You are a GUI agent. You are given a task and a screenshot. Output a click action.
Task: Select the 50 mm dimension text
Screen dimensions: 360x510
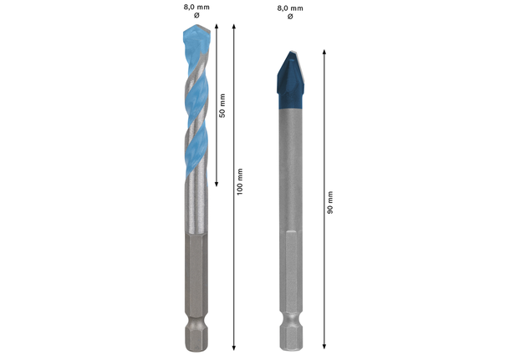click(x=223, y=104)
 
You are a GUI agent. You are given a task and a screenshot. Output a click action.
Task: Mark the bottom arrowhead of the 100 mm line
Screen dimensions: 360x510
click(x=234, y=345)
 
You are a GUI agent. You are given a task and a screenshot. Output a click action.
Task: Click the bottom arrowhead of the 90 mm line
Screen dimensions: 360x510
click(x=324, y=345)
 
